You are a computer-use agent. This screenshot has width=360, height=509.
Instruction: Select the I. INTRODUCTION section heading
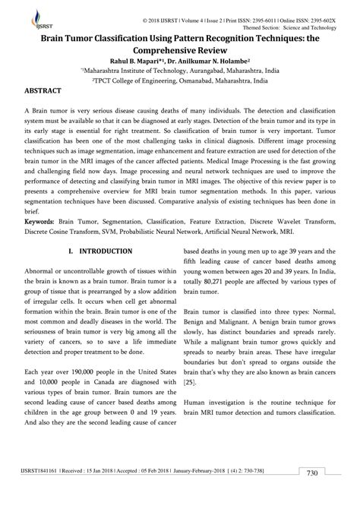tap(103, 250)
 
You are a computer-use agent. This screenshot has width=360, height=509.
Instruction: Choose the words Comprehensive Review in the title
tap(179, 45)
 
